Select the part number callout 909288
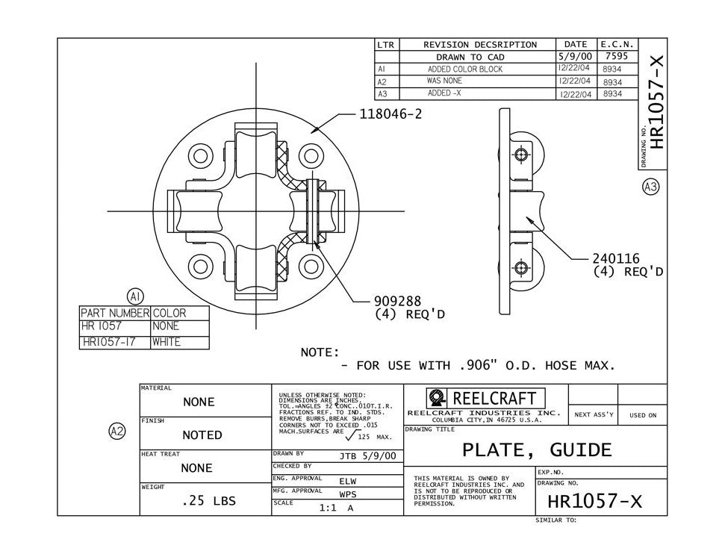pyautogui.click(x=398, y=302)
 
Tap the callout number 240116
pyautogui.click(x=616, y=259)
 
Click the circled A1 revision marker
pyautogui.click(x=135, y=296)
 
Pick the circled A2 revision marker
pyautogui.click(x=117, y=431)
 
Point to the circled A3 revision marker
pyautogui.click(x=650, y=187)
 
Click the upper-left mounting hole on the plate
pyautogui.click(x=201, y=157)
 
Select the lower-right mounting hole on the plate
pyautogui.click(x=311, y=266)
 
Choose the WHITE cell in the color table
pyautogui.click(x=167, y=342)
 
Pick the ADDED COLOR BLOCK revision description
pyautogui.click(x=465, y=69)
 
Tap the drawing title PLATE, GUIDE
pyautogui.click(x=536, y=450)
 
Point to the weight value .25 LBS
pyautogui.click(x=208, y=501)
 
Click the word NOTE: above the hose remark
pyautogui.click(x=320, y=352)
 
